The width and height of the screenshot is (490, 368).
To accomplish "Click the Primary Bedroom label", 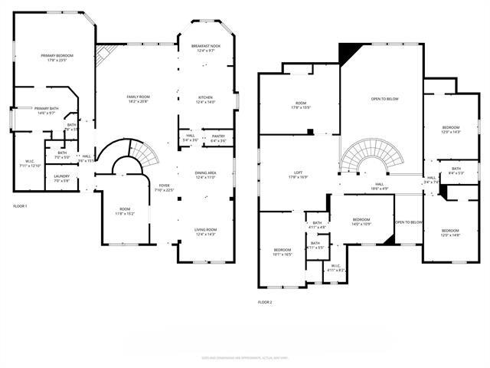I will coord(57,58).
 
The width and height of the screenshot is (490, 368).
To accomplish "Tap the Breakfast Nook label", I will coord(205,48).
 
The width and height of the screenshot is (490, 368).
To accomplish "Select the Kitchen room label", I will coord(205,100).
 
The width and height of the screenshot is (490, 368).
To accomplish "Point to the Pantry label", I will coord(218,138).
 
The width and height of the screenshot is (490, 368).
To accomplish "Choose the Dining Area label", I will coord(205,175).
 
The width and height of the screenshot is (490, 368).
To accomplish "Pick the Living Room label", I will coord(205,232).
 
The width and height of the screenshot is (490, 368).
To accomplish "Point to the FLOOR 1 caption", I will coord(20,206).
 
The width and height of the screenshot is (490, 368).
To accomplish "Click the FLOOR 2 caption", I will coord(265,302).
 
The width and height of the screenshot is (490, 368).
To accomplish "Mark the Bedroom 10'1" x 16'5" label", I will coord(283,252).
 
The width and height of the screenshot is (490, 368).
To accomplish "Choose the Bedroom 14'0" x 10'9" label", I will coord(361,222).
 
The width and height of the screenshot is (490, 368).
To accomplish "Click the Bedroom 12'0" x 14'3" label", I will coord(451,130).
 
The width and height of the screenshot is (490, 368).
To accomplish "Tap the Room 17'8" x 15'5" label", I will coord(300,105).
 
